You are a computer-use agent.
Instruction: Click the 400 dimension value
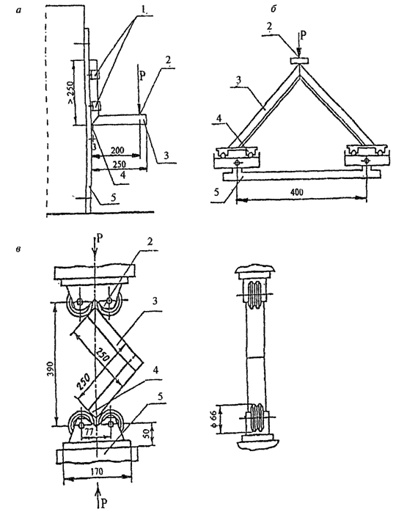(296, 191)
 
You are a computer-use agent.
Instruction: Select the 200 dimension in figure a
(117, 150)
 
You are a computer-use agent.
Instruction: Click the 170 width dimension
(97, 471)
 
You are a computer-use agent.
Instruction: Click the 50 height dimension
(147, 434)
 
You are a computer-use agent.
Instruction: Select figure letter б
(274, 9)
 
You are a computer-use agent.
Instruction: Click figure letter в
(18, 249)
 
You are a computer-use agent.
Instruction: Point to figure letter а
(18, 10)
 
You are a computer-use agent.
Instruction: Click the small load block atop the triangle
(299, 60)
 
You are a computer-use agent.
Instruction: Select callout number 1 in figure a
(143, 10)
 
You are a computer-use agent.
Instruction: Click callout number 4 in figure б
(219, 118)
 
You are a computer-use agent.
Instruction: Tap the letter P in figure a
(142, 77)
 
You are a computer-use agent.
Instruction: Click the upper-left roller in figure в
(78, 303)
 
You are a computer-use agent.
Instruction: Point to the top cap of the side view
(256, 270)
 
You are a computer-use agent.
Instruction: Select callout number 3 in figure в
(155, 301)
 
